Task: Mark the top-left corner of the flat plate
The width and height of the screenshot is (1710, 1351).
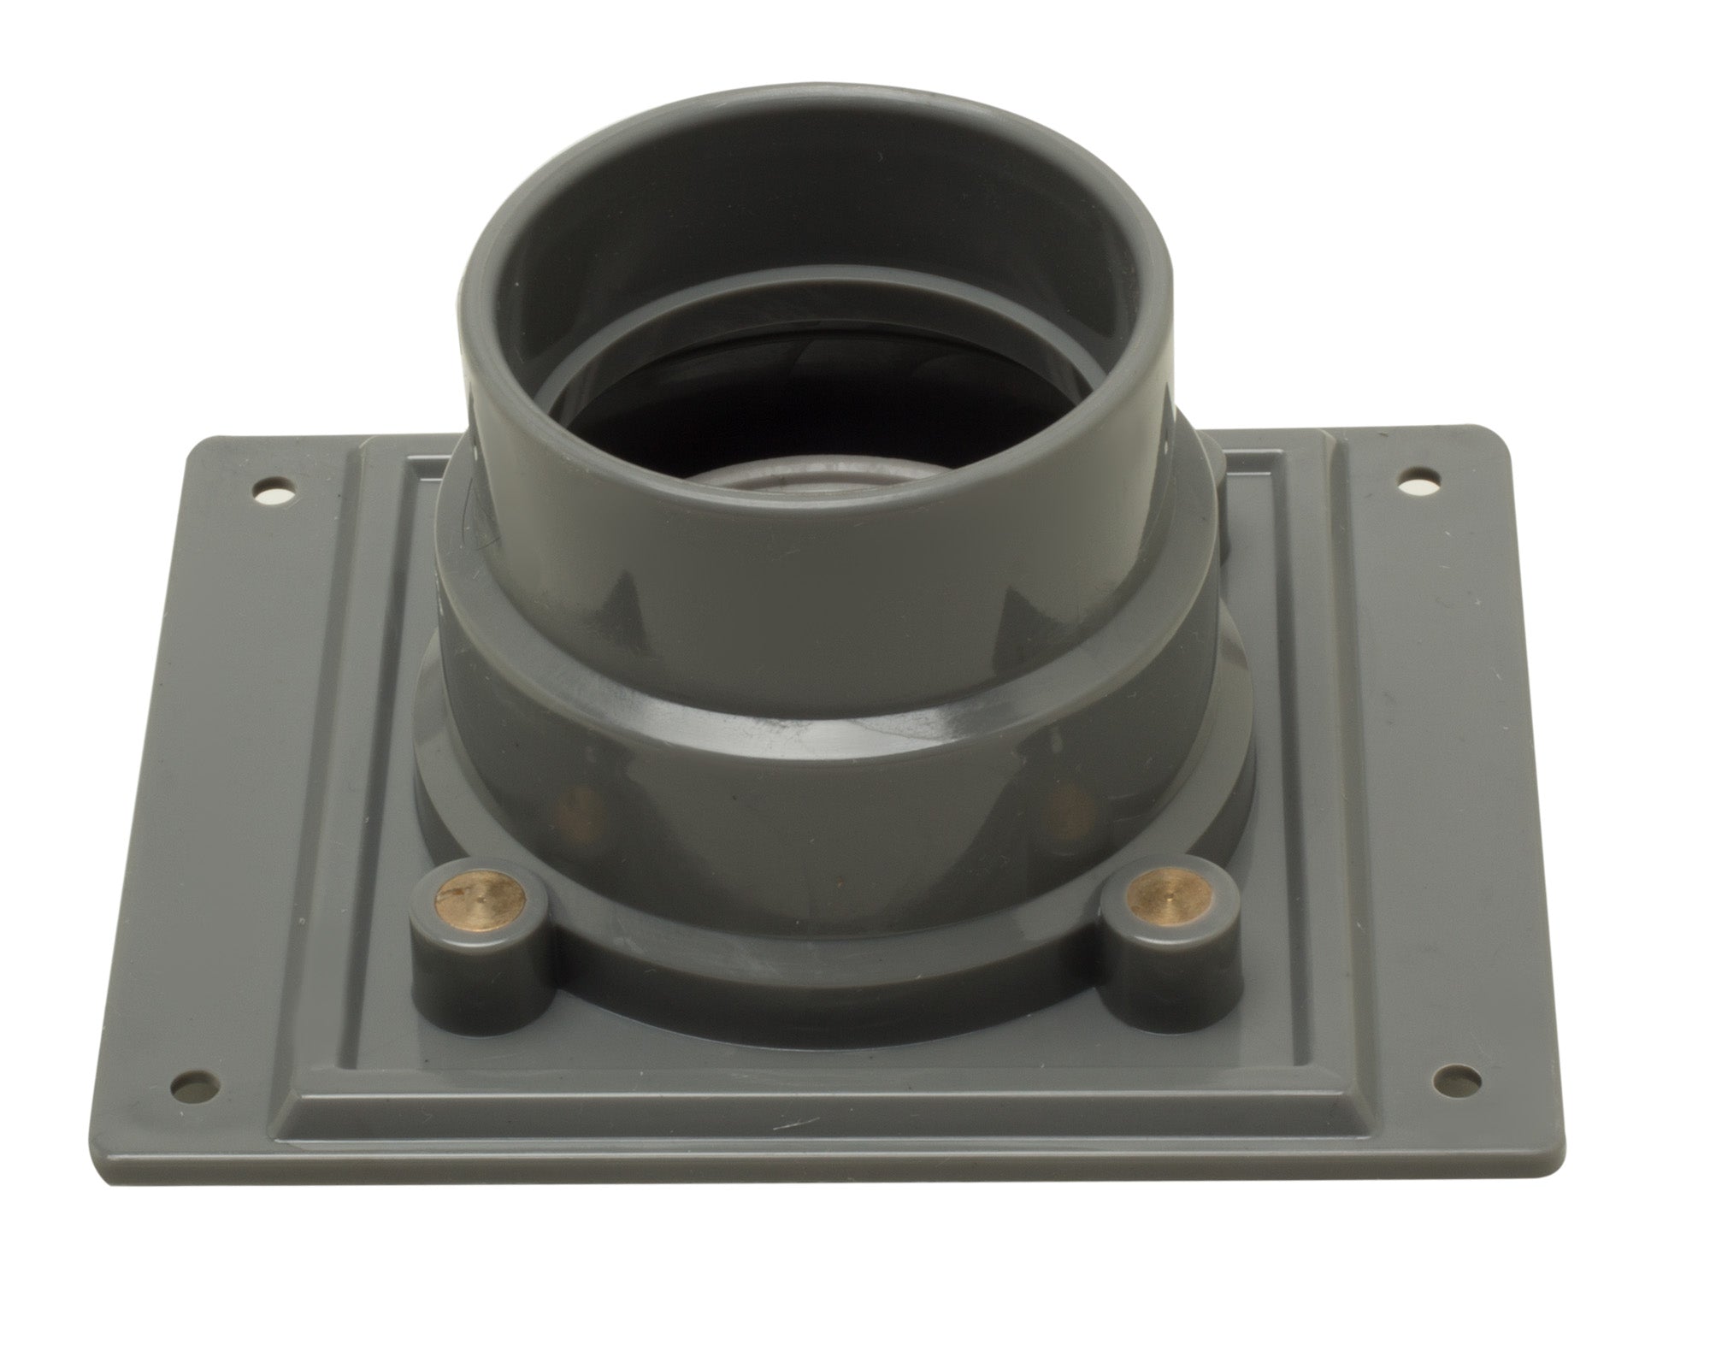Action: coord(203,445)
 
